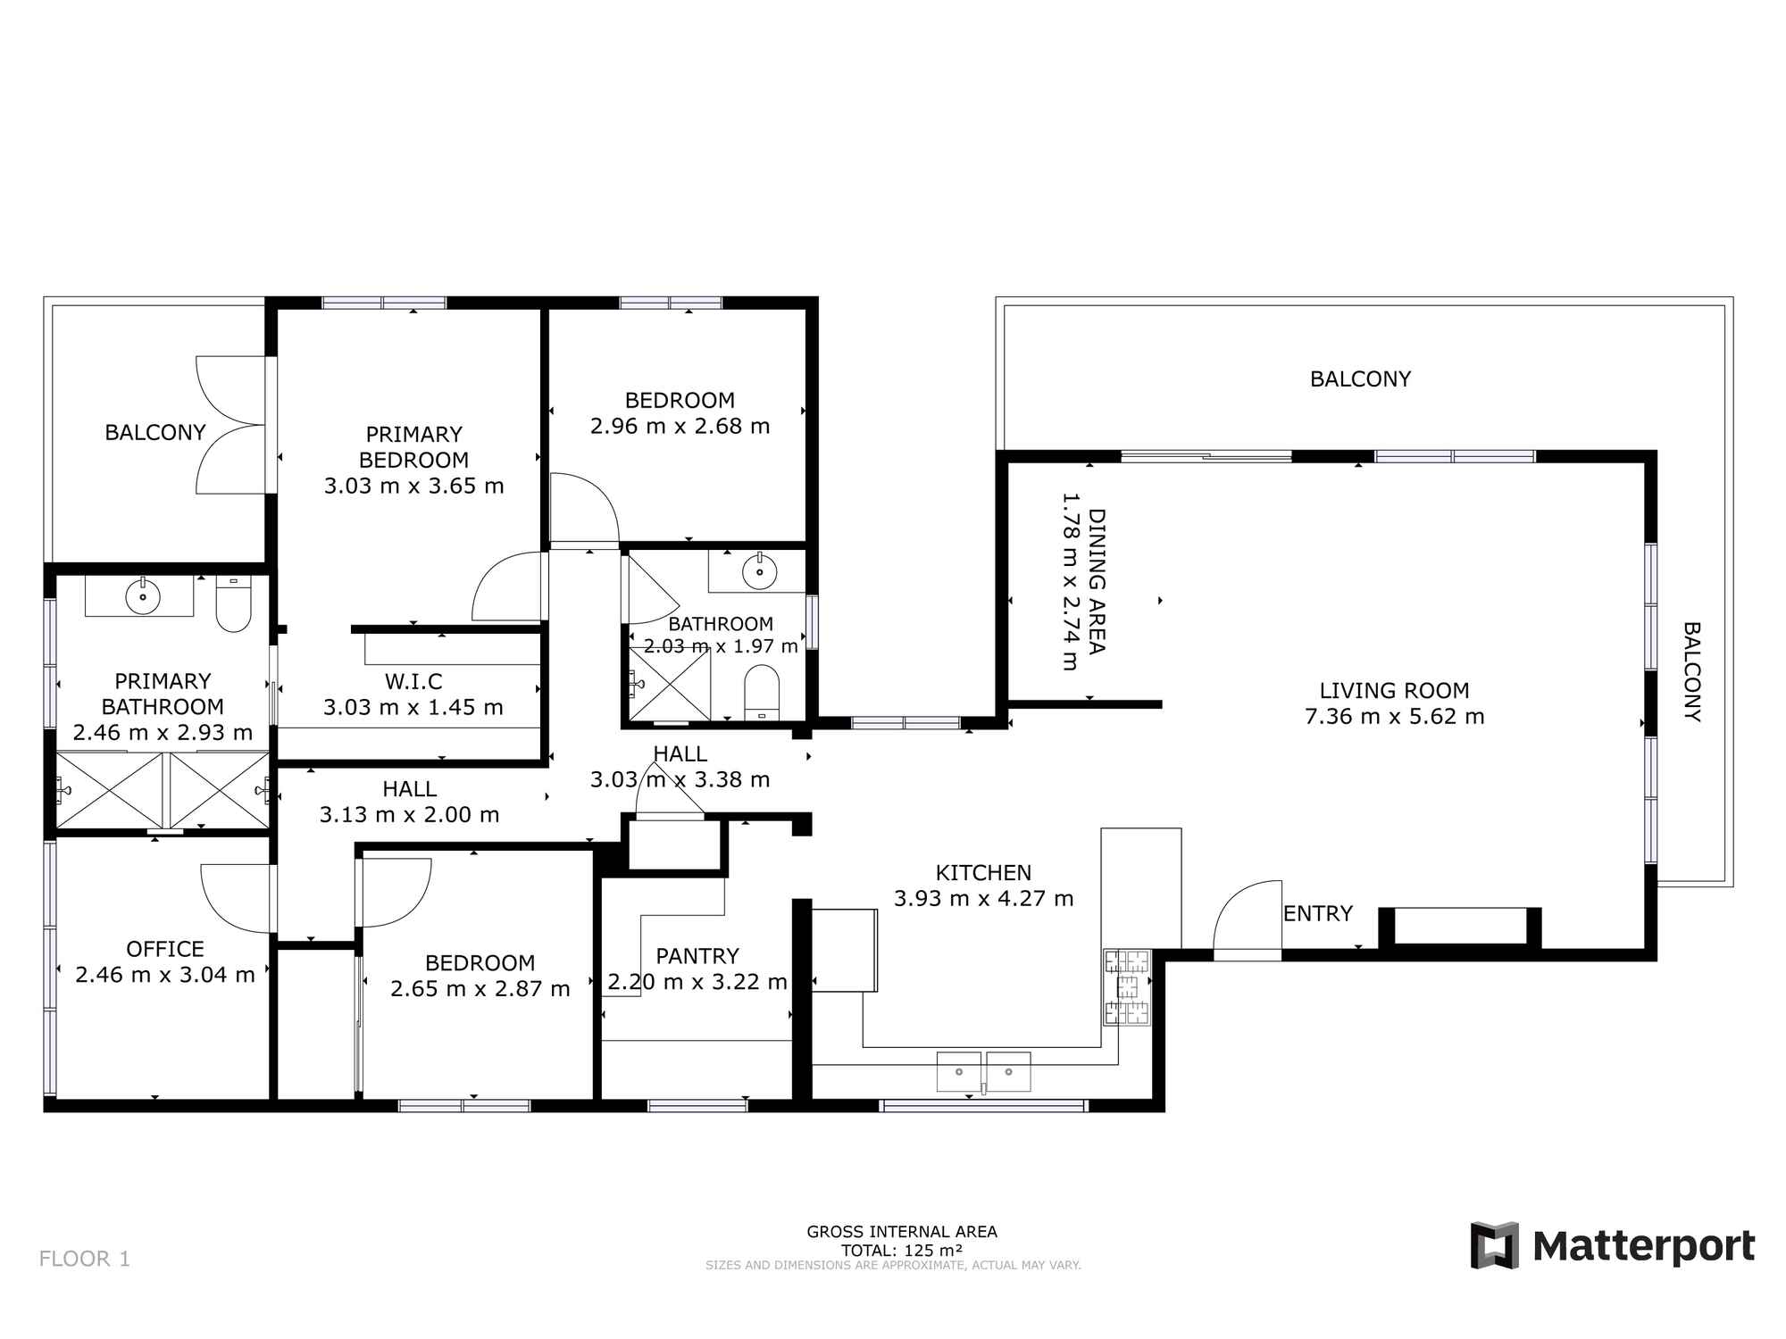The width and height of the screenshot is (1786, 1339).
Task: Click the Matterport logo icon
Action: tap(1494, 1245)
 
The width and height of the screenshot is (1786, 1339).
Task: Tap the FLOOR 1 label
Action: tap(85, 1259)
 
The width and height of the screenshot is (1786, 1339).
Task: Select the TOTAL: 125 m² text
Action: tap(902, 1250)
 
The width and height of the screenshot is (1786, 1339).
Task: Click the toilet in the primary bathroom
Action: tap(233, 603)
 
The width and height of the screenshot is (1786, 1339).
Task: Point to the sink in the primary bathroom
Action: tap(142, 595)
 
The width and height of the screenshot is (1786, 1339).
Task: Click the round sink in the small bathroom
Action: tap(759, 571)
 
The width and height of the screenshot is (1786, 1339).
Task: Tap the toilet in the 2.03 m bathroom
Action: tap(762, 692)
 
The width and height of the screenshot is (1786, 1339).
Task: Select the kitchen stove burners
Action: tap(1127, 987)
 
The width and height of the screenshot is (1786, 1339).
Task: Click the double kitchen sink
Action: tap(983, 1071)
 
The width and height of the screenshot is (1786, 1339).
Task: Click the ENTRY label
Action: tap(1317, 913)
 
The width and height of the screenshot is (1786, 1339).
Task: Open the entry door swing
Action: tap(1246, 919)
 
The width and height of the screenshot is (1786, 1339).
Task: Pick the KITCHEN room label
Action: tap(983, 872)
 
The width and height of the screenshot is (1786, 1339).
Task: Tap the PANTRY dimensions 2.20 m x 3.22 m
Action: tap(697, 982)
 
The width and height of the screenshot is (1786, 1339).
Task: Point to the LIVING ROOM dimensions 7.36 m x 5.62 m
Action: tap(1394, 716)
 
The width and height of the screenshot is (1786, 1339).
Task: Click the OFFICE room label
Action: tap(165, 949)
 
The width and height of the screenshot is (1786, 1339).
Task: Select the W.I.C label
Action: tap(413, 682)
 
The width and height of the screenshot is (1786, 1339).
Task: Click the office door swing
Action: tap(234, 897)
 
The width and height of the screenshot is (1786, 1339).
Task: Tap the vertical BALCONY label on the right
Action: tap(1691, 671)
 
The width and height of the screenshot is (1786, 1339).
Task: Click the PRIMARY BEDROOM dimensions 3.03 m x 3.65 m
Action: tap(413, 486)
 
